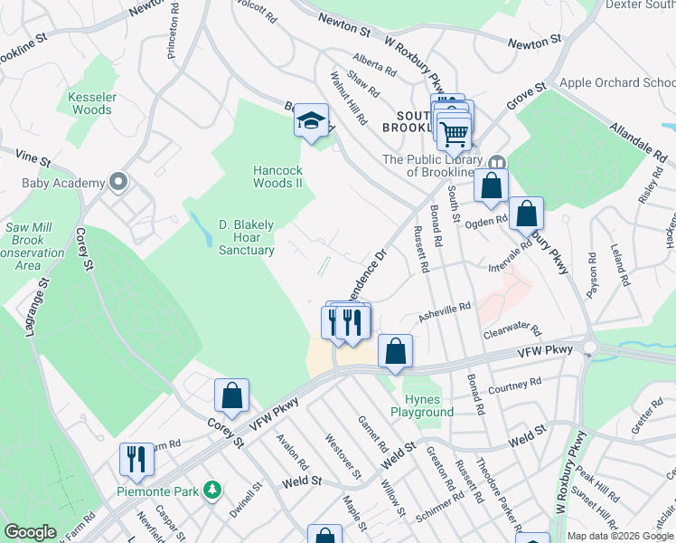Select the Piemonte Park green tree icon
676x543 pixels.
[212, 491]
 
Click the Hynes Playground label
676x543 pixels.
[422, 405]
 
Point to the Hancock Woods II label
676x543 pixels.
[277, 176]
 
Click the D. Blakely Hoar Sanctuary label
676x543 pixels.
[247, 237]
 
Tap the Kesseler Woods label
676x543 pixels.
[90, 103]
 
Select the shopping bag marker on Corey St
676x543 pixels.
[231, 395]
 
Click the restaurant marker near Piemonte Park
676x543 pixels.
[136, 459]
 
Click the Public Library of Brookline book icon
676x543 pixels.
[495, 163]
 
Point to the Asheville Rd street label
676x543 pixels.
[445, 311]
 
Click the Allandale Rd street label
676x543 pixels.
[638, 141]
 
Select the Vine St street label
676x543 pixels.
[33, 157]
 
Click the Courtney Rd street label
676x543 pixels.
[514, 385]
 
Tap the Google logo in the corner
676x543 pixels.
[30, 532]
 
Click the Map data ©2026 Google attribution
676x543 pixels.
[620, 536]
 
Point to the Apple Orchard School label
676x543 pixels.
[617, 83]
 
